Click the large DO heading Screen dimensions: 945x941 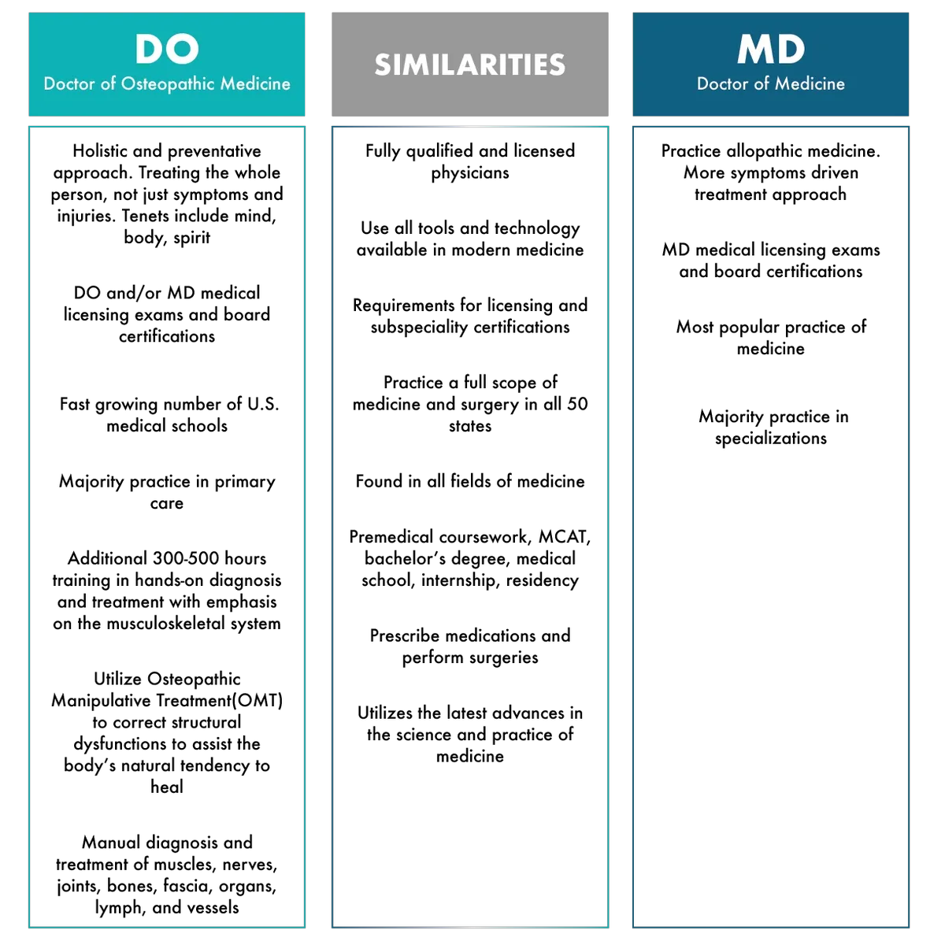[x=167, y=49]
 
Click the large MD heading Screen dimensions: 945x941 [x=770, y=49]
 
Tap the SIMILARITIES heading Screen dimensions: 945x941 [x=470, y=65]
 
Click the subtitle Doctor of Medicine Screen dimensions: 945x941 [x=770, y=83]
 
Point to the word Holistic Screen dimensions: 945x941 [x=100, y=150]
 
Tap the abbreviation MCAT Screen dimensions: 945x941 [x=564, y=537]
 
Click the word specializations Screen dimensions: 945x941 [x=770, y=439]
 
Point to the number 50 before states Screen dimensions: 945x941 [x=577, y=404]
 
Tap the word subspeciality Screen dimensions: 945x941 [x=419, y=327]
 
